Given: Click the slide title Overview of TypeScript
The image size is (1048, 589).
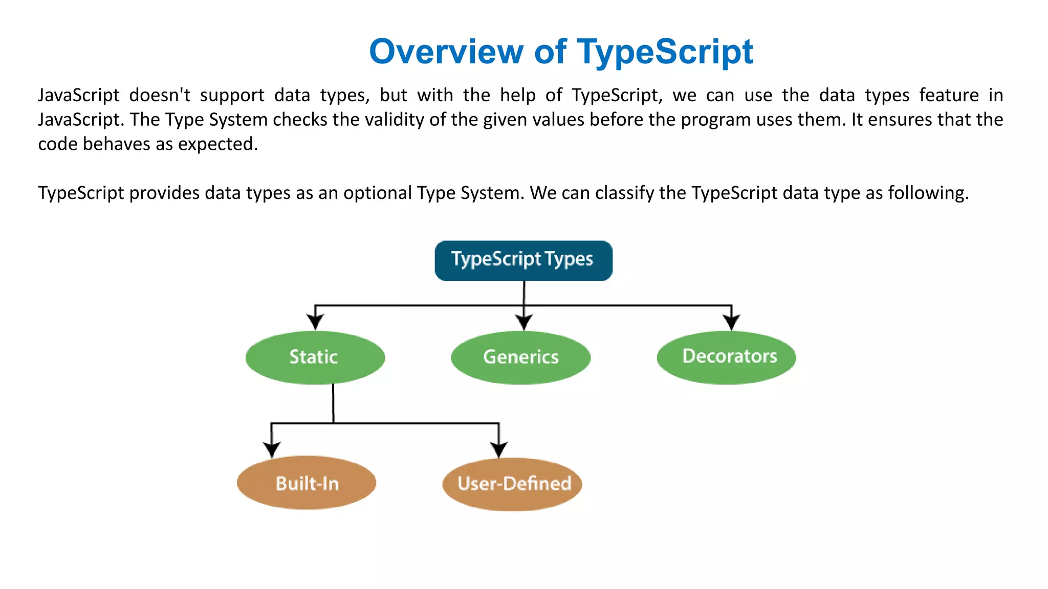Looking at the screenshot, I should click(561, 52).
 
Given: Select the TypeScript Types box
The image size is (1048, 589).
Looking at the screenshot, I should click(523, 260).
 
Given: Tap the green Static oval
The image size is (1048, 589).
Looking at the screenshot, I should click(315, 357).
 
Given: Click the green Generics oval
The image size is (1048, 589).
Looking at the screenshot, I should click(520, 357).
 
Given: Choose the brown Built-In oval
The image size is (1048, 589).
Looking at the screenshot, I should click(307, 483).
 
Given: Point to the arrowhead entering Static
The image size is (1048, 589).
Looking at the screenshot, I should click(315, 322).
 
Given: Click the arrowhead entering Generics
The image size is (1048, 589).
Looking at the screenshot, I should click(523, 322).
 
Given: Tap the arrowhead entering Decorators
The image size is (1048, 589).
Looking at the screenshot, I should click(731, 322).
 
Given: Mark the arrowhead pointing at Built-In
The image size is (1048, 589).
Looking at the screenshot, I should click(272, 450).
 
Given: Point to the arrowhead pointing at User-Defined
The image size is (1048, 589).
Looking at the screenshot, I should click(499, 450).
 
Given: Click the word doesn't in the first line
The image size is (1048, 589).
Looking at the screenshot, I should click(159, 95).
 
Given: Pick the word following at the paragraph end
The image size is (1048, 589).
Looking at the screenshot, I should click(927, 193).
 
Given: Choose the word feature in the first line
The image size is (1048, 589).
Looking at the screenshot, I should click(949, 95).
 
